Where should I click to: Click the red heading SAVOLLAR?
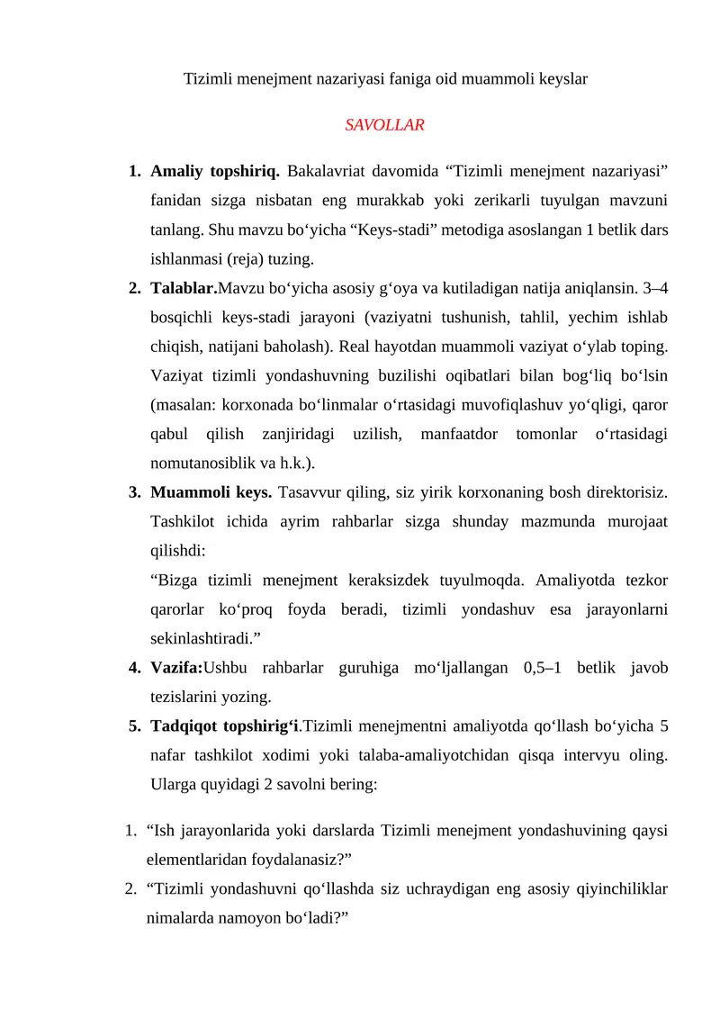(x=384, y=125)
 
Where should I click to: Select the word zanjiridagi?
(x=299, y=434)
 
